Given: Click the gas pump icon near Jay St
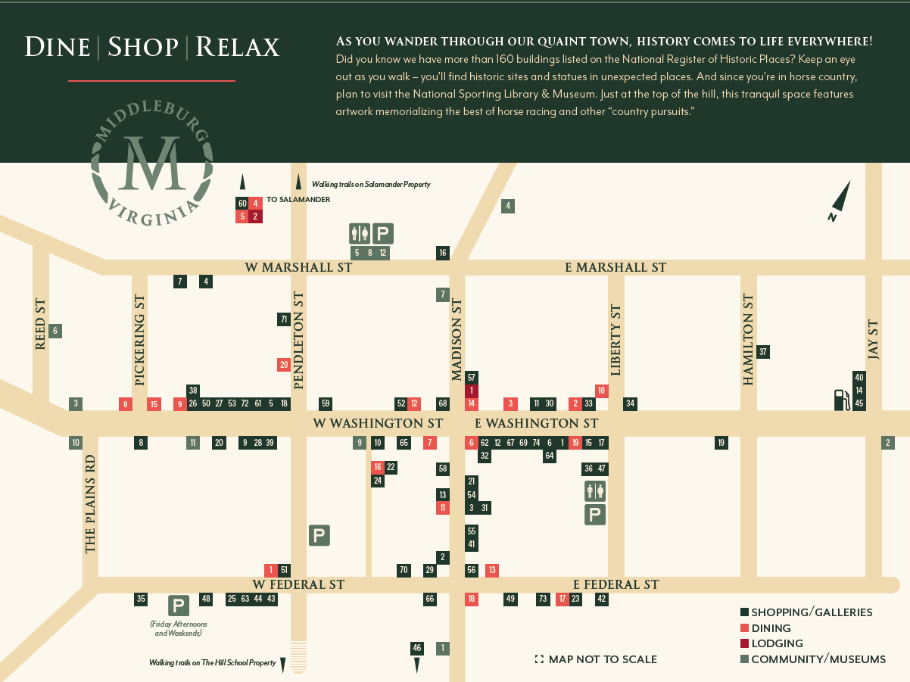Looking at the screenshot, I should (x=841, y=400).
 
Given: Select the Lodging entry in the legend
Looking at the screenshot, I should (x=777, y=643).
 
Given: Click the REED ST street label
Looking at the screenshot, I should (x=41, y=324).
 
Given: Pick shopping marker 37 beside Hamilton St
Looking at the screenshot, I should (x=763, y=351).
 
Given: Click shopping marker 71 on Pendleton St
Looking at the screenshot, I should (x=284, y=319).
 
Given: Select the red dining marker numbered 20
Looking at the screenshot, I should (x=284, y=365).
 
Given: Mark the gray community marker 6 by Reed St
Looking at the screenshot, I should (x=55, y=331).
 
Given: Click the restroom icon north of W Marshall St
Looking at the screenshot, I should (x=359, y=234).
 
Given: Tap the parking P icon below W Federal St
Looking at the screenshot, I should (x=179, y=606).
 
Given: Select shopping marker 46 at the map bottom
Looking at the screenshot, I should (x=416, y=648).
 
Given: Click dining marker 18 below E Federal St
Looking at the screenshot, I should (x=472, y=599).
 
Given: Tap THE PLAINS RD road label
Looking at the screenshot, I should (x=90, y=503).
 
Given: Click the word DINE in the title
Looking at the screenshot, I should (x=58, y=47).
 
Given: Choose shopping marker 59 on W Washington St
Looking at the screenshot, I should (x=326, y=403).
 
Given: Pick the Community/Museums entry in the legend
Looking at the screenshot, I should (x=818, y=659).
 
